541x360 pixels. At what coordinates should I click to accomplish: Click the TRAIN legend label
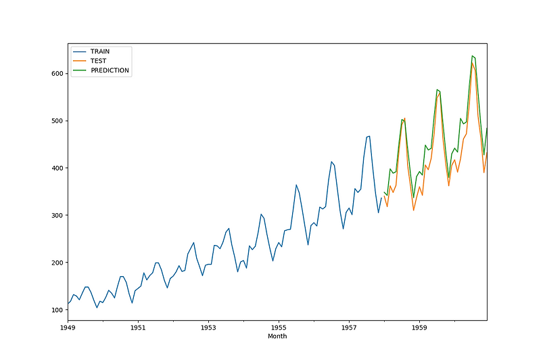pos(100,51)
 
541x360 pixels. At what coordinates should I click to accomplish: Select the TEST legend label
pos(98,61)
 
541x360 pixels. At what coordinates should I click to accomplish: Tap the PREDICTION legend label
pos(110,70)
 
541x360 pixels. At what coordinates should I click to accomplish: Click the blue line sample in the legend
pos(80,51)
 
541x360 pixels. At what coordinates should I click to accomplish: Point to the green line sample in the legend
pos(80,70)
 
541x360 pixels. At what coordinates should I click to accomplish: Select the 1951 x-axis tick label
pos(138,328)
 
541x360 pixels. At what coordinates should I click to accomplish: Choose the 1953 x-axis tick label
pos(208,328)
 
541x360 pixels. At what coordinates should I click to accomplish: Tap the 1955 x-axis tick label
pos(278,328)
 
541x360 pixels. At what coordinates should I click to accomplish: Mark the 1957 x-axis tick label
pos(348,328)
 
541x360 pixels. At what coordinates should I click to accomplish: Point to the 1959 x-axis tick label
pos(419,328)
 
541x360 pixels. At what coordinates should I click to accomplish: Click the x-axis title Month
pos(277,336)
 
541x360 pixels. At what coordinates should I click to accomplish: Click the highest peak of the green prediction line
pos(471,55)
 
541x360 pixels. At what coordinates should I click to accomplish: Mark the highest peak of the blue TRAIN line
pos(369,136)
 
